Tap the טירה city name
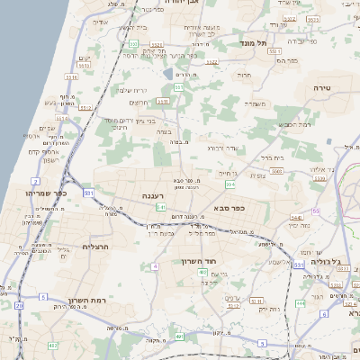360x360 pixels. (323, 88)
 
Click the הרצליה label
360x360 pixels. (95, 246)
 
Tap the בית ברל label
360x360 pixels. (274, 157)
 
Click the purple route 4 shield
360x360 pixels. (155, 266)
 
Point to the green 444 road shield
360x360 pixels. (300, 303)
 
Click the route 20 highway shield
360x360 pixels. (20, 305)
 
